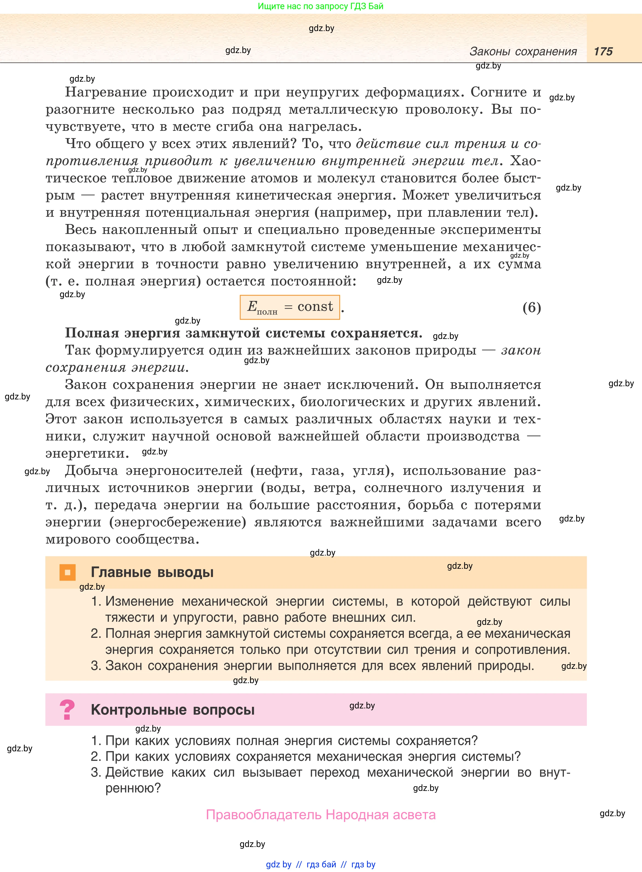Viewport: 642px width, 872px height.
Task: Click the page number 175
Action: tap(603, 52)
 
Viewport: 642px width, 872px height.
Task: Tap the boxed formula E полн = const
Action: tap(290, 307)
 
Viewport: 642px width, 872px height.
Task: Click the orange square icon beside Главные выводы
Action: tap(67, 572)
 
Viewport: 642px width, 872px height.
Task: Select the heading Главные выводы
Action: tap(152, 572)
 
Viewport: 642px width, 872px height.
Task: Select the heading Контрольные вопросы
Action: tap(173, 710)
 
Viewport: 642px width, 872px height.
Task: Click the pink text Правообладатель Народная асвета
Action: tap(321, 815)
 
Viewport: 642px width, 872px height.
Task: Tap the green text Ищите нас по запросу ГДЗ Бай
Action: tap(321, 6)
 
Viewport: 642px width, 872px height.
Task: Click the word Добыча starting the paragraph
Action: tap(91, 471)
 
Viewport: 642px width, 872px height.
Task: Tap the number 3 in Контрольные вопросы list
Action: tap(95, 772)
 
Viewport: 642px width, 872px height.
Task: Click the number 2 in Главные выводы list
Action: tap(95, 633)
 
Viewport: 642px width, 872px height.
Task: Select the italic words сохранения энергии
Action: tap(117, 367)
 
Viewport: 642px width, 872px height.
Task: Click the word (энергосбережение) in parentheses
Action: tap(178, 522)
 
